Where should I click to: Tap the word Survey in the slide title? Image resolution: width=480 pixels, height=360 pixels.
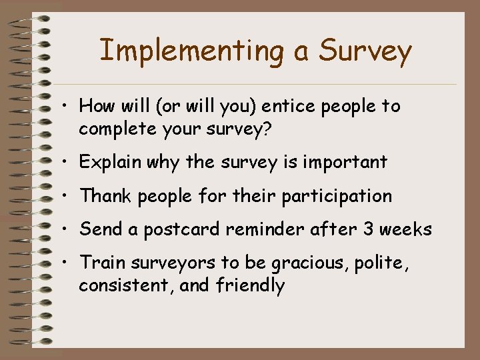365,51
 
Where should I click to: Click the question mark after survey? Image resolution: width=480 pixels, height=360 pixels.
267,129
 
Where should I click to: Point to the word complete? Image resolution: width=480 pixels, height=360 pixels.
117,129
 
